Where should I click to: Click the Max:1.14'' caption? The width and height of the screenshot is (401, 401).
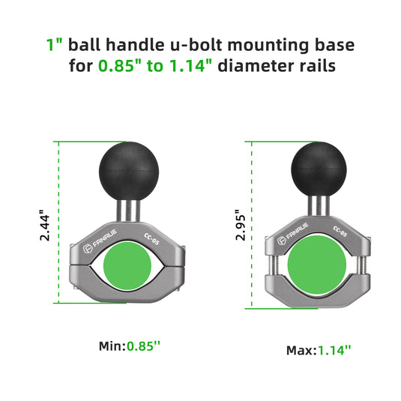[318, 350]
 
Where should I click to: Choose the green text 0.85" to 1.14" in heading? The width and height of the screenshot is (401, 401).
[156, 65]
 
